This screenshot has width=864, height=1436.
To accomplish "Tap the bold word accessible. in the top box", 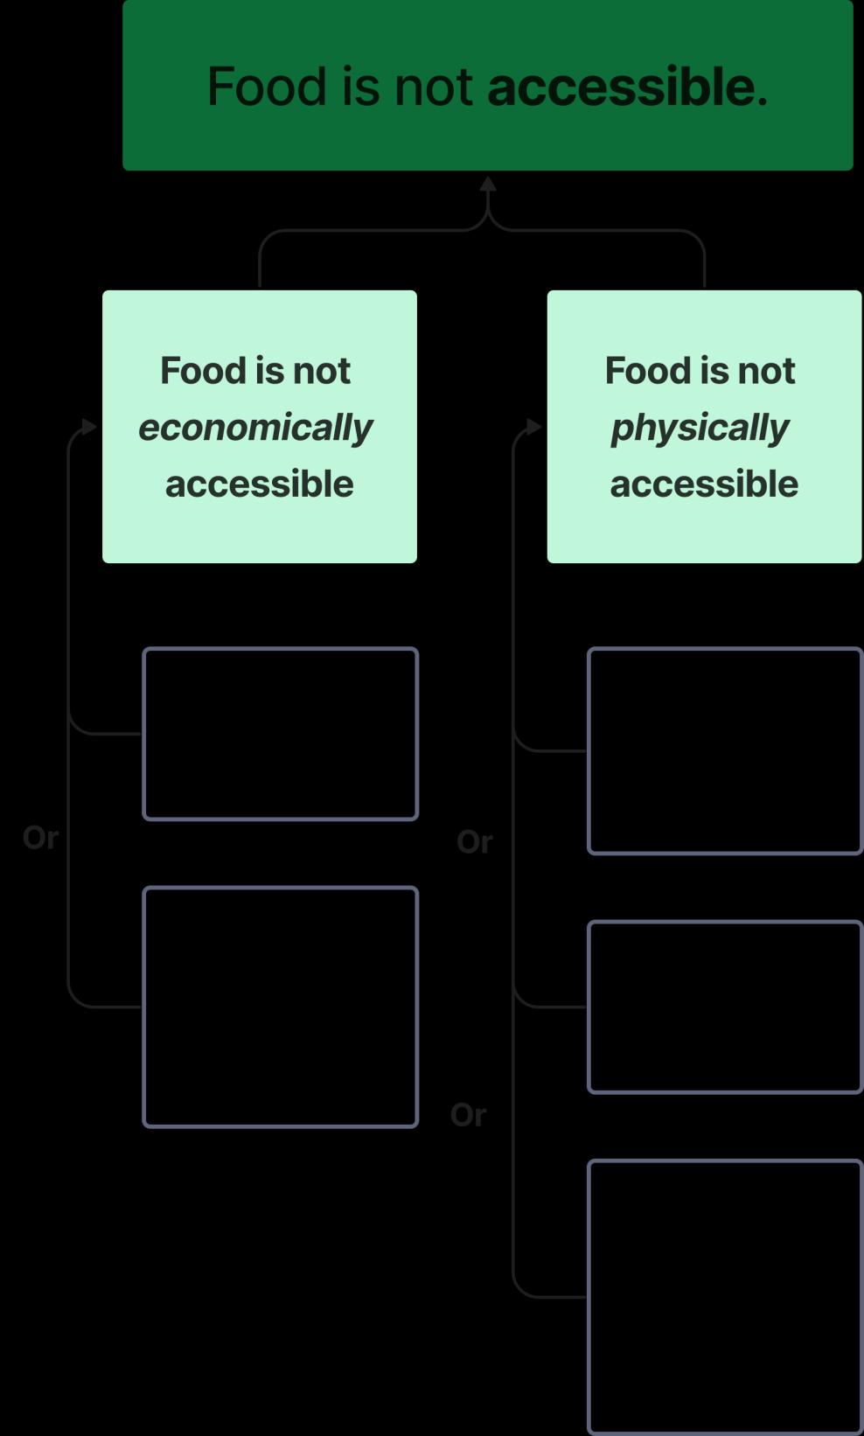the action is (627, 87).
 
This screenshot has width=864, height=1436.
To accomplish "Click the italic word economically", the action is (255, 428).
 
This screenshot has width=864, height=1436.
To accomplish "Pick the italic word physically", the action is (700, 428).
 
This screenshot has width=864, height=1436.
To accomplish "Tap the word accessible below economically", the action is (260, 484).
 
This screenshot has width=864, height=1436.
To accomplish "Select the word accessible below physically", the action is (704, 484).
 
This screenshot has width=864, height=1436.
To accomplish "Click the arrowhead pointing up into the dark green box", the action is (488, 184).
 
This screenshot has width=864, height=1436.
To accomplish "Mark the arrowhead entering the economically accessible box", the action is (89, 427).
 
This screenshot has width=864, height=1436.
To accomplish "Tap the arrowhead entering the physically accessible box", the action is (533, 427).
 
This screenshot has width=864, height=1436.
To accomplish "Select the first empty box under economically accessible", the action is (280, 734).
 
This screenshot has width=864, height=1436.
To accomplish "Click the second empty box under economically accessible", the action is (280, 1007).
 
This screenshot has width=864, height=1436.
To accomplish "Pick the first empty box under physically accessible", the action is (725, 750).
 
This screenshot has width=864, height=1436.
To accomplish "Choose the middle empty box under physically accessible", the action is (725, 1007).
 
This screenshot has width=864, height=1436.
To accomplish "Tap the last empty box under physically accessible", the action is (725, 1297).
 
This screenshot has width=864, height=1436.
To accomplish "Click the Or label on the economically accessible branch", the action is (40, 838).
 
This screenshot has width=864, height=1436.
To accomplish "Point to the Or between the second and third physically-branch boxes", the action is (468, 1115).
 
